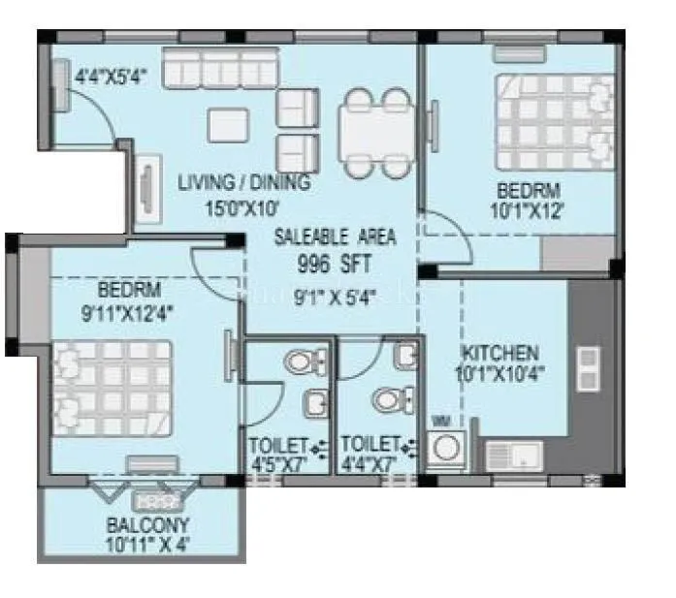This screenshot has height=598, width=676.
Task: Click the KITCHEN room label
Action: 499,352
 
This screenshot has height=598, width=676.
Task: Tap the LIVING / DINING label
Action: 243,182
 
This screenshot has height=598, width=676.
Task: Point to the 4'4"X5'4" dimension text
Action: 111,76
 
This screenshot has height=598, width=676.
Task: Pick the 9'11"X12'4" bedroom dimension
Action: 128,312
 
